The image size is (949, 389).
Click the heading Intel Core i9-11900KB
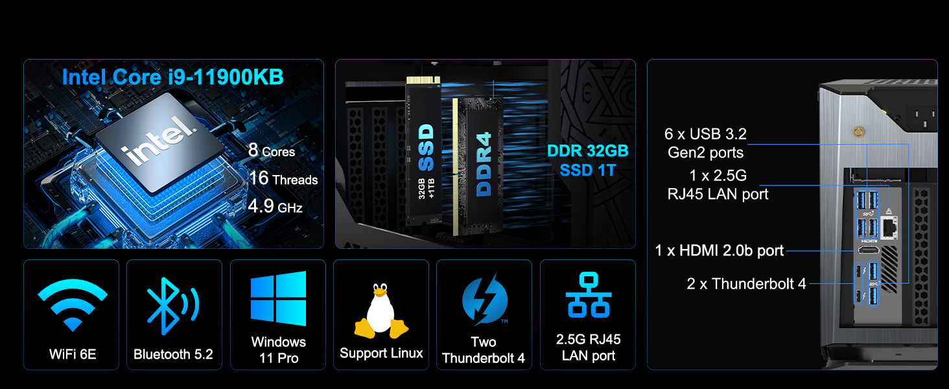coord(172,77)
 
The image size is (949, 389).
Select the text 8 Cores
coord(272,151)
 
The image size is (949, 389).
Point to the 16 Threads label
coord(283,179)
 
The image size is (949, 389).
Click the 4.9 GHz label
coord(275,207)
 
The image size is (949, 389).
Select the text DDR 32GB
coord(588,152)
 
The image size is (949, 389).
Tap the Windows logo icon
coord(278,299)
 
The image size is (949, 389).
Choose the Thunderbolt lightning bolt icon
coord(484,300)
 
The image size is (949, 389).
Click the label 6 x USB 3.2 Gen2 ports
coord(705,143)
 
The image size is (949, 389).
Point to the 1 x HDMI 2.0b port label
coord(720,250)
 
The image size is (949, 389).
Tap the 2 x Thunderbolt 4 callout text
coord(746,283)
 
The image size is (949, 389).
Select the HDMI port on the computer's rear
coord(868,250)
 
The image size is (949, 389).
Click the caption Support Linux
coord(381,353)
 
